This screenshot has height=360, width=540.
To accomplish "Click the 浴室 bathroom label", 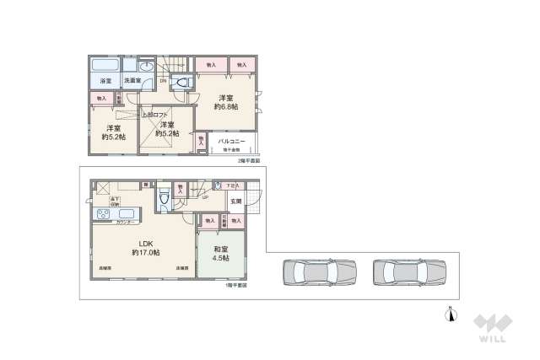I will click(x=105, y=81).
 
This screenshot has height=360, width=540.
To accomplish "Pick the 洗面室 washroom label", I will click(x=133, y=81).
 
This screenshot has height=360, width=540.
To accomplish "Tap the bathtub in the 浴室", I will click(x=105, y=66).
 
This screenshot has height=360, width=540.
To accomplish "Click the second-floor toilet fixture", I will click(x=182, y=82).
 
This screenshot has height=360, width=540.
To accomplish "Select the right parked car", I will click(x=408, y=272).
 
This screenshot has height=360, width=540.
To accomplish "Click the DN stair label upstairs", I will click(x=151, y=82).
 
